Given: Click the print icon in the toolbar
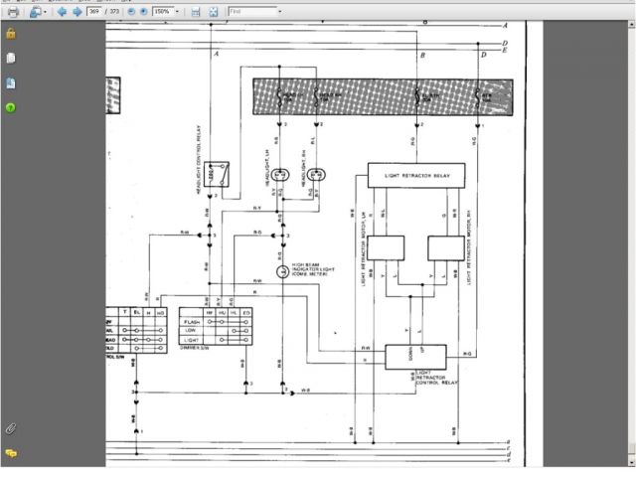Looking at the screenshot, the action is pos(13,11).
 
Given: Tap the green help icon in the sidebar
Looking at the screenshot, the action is pos(11,106).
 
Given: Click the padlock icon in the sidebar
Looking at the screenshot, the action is pos(11,33).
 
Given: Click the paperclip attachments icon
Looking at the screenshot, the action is pos(11,428).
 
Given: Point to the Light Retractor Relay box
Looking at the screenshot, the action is pos(423,175).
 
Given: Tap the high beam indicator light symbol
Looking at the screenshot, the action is pos(282,271).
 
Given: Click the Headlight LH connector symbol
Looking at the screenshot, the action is pos(281,175).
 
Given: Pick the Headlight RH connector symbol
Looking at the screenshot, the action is pos(316,175).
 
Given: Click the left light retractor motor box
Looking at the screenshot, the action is pos(387,246).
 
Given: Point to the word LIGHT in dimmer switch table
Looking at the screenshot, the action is pos(193,340).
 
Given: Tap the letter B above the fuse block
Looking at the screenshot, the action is pos(422,56).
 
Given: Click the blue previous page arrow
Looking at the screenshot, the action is pos(63,11).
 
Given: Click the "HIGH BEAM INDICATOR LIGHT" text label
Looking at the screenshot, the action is pos(308,269).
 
